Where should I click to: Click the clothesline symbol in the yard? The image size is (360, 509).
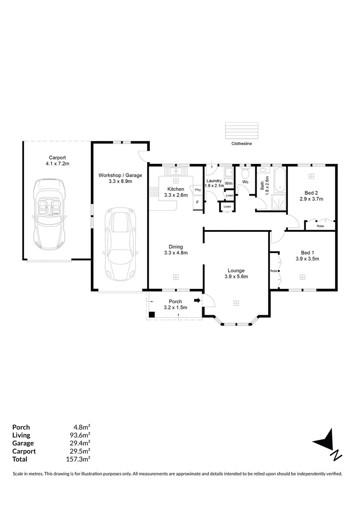pos(242,130)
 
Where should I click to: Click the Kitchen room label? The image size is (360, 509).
pos(176,189)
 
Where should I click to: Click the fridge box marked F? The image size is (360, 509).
pos(197,203)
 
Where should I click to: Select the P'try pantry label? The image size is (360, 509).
pos(197,190)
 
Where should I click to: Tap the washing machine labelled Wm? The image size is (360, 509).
pos(229,183)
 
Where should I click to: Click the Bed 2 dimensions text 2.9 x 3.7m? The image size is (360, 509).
pos(311,199)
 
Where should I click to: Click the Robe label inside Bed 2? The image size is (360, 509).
pos(320,226)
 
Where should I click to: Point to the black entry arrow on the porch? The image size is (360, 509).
pos(197,300)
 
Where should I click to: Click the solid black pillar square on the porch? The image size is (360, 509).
pos(152,315)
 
